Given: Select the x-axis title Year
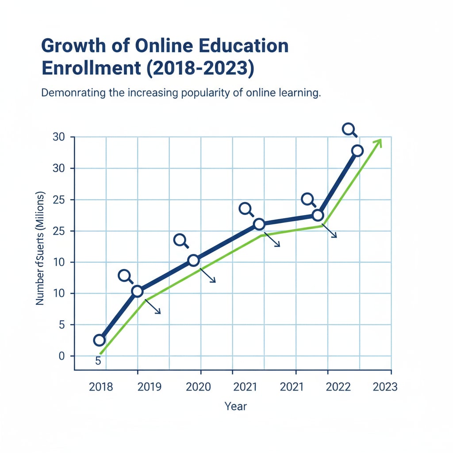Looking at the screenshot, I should coord(235,406).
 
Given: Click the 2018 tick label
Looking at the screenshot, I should coord(101,387).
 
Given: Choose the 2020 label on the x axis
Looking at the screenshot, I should coord(198,387).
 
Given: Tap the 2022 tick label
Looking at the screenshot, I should coord(338,387).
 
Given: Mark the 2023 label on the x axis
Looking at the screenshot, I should coord(385,387).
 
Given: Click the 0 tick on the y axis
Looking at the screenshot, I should coord(61,356).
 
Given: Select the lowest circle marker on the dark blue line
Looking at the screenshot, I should coord(100,340).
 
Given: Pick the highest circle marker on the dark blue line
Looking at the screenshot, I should coord(357,151).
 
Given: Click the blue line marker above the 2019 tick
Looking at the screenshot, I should coord(137,291).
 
